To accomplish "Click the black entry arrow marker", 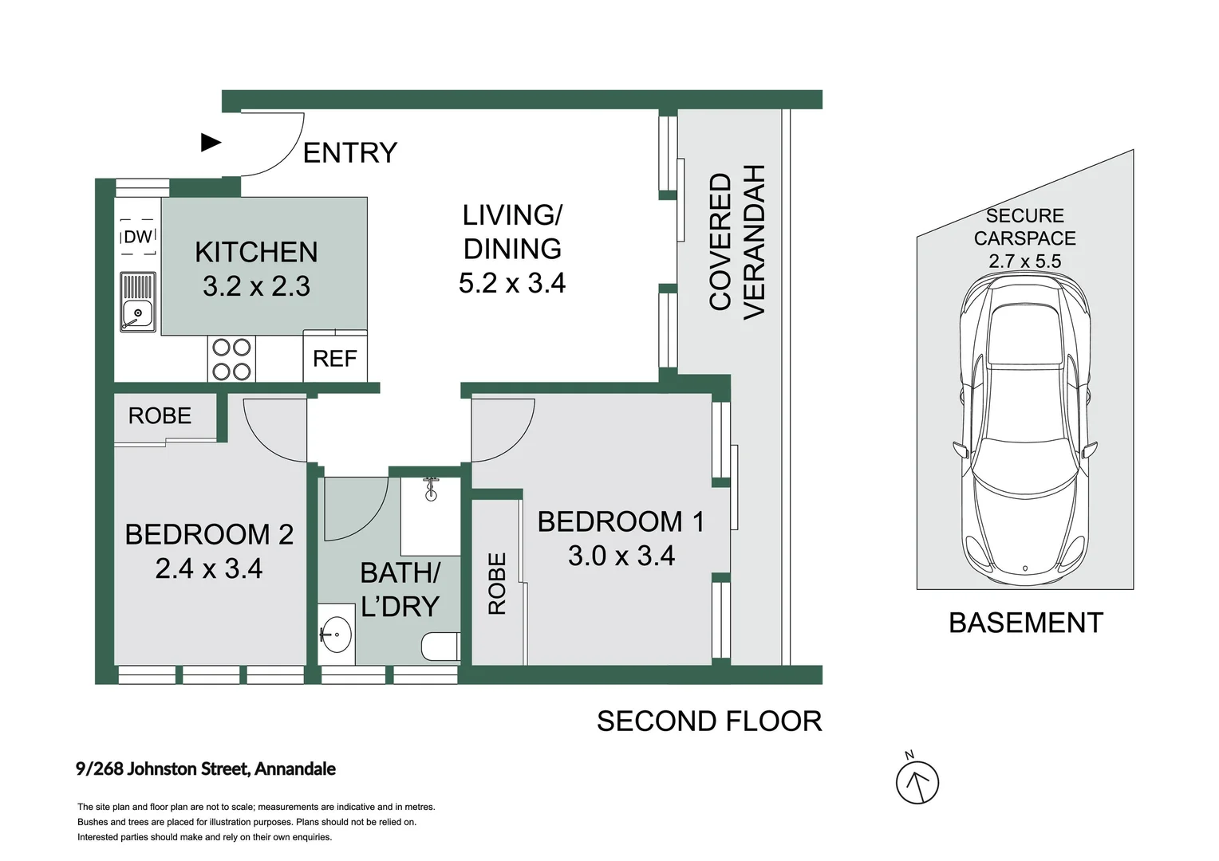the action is [211, 143].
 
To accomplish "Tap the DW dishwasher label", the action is [138, 237].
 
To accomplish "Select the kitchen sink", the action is [138, 302].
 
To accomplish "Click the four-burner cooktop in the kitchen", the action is [231, 359].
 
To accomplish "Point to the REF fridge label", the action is [335, 359].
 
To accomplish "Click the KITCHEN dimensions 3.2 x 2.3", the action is [256, 286].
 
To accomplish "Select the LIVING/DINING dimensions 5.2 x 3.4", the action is [512, 283].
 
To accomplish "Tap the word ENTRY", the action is [350, 153].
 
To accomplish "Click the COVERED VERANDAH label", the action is [737, 242].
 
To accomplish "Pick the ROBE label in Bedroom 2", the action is [160, 415].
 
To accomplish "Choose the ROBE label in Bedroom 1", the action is [497, 584].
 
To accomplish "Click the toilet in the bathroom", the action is [441, 647].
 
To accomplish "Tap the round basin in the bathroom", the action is [335, 635].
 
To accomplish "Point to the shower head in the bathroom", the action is [431, 489].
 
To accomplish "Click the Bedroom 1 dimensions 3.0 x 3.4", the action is [621, 556].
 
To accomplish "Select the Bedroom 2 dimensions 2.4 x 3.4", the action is [209, 568].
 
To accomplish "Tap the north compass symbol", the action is [917, 781].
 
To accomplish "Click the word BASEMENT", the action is [1026, 623].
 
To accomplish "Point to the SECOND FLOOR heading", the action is [710, 721].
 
